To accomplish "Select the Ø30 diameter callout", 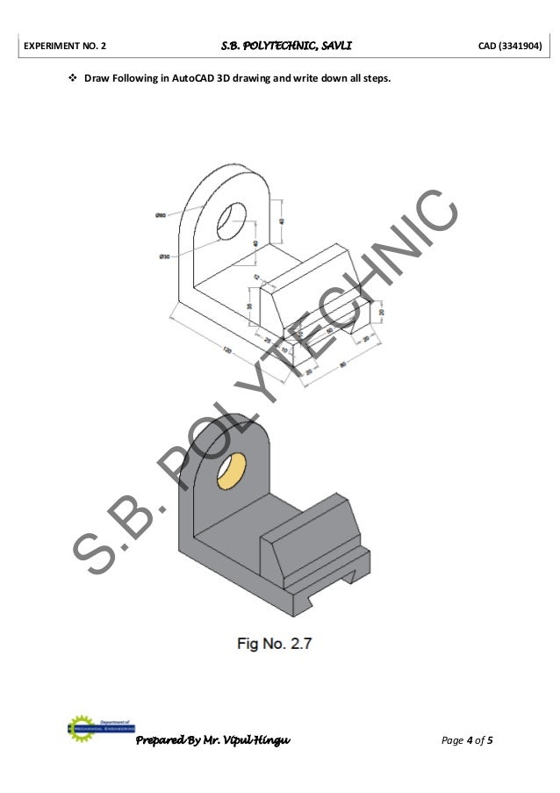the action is click(164, 256).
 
